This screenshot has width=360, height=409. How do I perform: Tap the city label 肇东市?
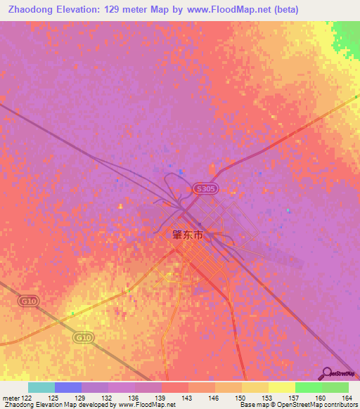pos(198,235)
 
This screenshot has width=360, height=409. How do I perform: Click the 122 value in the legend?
pos(25,398)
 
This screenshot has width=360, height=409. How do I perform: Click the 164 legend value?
pos(348,398)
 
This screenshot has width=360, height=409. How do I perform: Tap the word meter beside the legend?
pos(10,398)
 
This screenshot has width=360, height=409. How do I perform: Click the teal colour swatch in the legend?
pos(41,387)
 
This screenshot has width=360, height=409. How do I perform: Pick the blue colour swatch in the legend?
pos(68,387)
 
